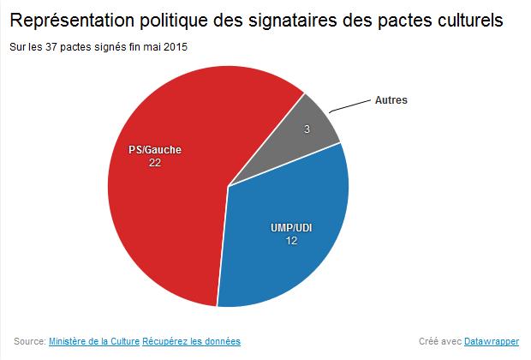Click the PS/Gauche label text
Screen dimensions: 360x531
point(154,149)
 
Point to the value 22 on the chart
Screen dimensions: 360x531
point(154,162)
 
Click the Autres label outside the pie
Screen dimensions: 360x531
point(391,99)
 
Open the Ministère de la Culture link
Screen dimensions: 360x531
point(94,340)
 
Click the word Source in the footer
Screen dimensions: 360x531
point(28,340)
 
